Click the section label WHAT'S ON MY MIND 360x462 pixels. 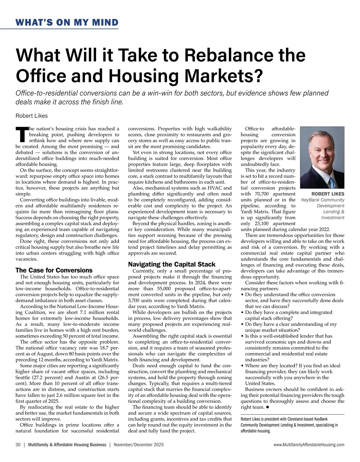click(67, 22)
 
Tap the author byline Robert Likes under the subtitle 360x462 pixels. click(31, 116)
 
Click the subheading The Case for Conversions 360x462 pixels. click(54, 270)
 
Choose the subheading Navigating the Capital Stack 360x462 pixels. click(172, 264)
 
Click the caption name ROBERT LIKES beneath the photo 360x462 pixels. click(328, 194)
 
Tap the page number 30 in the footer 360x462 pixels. click(18, 445)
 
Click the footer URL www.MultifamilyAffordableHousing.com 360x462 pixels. click(309, 445)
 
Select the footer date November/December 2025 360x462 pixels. click(139, 445)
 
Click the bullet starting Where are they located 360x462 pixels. click(292, 365)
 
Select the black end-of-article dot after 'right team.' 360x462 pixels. click(267, 407)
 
